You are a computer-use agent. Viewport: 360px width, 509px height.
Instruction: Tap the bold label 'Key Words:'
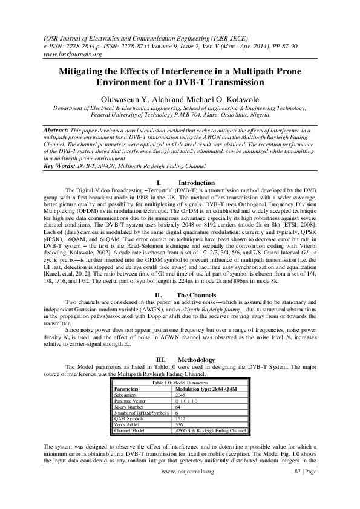[x=63, y=166]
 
